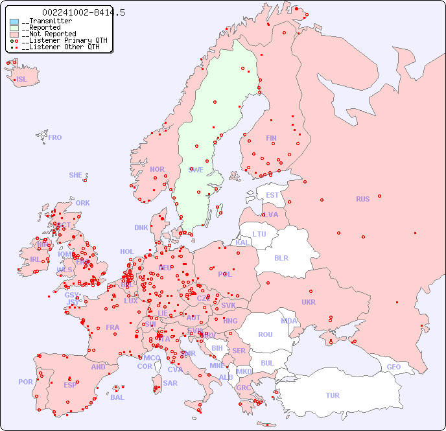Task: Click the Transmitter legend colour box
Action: pos(14,21)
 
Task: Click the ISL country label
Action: pos(22,80)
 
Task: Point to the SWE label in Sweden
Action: pos(196,170)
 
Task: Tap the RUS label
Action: pos(362,199)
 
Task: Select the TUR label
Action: pos(333,395)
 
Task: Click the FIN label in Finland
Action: pos(271,138)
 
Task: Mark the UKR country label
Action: pos(309,302)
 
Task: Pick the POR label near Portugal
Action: pos(25,382)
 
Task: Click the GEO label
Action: pos(393,367)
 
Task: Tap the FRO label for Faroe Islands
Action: pos(55,137)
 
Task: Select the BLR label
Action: pos(281,257)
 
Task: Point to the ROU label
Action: pos(265,334)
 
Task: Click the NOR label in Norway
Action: pos(157,169)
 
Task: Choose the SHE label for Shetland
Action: pos(76,175)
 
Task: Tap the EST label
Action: pos(272,195)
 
